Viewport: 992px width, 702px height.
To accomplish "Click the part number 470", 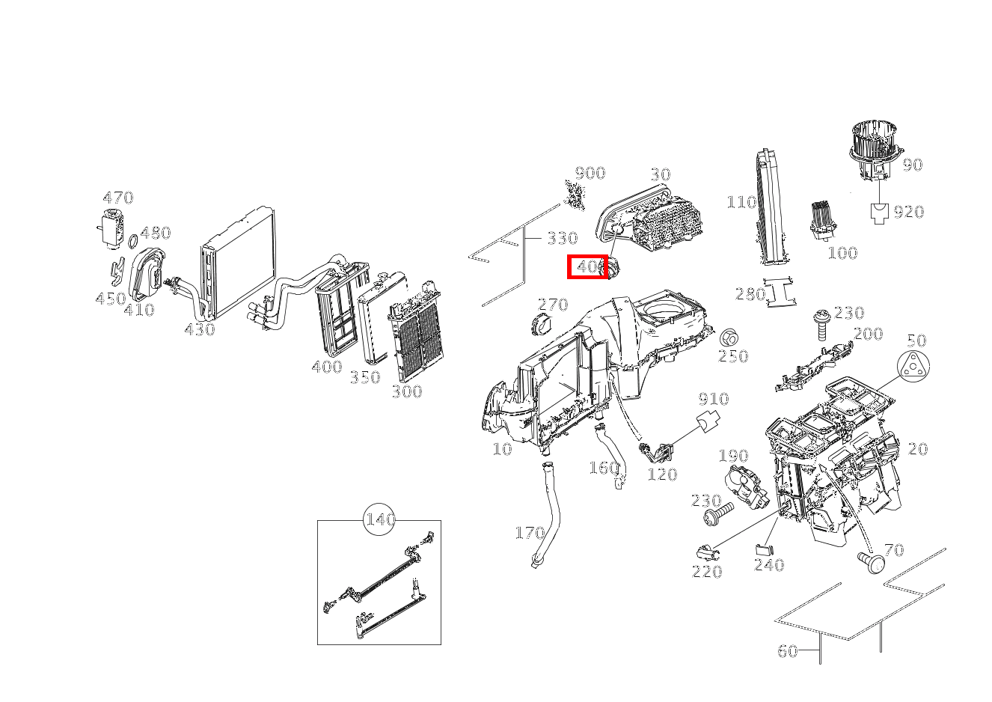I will click(117, 198).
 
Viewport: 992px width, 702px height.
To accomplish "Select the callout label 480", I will click(156, 233).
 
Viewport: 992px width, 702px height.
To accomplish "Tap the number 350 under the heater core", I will click(365, 377).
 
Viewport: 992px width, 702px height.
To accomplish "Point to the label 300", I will click(407, 391).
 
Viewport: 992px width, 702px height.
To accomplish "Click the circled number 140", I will click(379, 519).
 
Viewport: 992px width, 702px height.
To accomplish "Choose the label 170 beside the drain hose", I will click(530, 533).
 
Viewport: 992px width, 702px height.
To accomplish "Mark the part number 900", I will click(590, 173).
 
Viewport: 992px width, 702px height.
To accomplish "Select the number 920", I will click(909, 212).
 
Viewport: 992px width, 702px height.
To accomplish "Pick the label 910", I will click(714, 398).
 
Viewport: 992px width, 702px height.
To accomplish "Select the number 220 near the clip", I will click(707, 572).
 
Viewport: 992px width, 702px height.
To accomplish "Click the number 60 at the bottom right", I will click(788, 651).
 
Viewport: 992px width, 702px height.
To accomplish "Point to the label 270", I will click(553, 305).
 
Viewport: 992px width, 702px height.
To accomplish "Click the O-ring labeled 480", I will click(132, 241).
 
